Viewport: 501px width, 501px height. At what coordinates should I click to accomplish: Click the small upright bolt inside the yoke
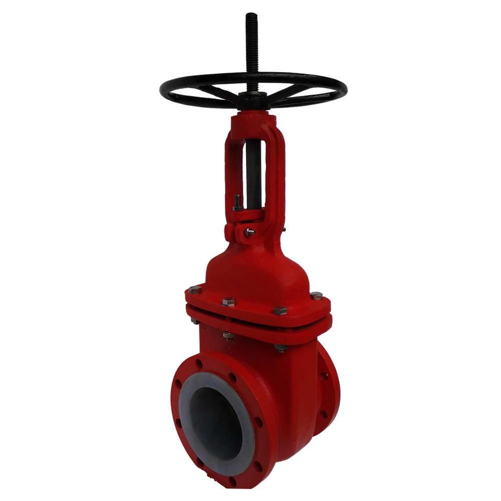pyautogui.click(x=237, y=203)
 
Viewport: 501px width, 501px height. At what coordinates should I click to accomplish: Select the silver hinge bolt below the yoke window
pyautogui.click(x=249, y=231)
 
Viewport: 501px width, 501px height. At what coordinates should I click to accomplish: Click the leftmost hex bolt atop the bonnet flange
pyautogui.click(x=194, y=290)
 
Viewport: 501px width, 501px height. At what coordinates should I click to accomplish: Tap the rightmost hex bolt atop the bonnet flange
pyautogui.click(x=317, y=296)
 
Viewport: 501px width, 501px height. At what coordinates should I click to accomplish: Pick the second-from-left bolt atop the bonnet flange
pyautogui.click(x=228, y=302)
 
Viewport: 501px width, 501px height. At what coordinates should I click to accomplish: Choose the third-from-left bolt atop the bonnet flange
pyautogui.click(x=281, y=311)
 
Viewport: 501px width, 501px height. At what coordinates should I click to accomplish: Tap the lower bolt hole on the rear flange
pyautogui.click(x=324, y=414)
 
